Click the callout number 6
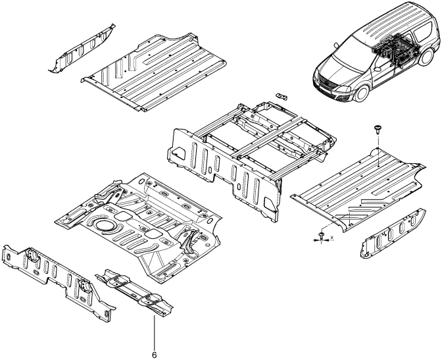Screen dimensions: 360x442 [x=155, y=354]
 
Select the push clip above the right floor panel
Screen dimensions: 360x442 [x=379, y=127]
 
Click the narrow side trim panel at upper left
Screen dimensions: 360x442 [x=83, y=49]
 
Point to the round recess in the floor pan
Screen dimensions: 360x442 [x=103, y=226]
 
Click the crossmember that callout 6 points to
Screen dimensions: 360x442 [x=135, y=290]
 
